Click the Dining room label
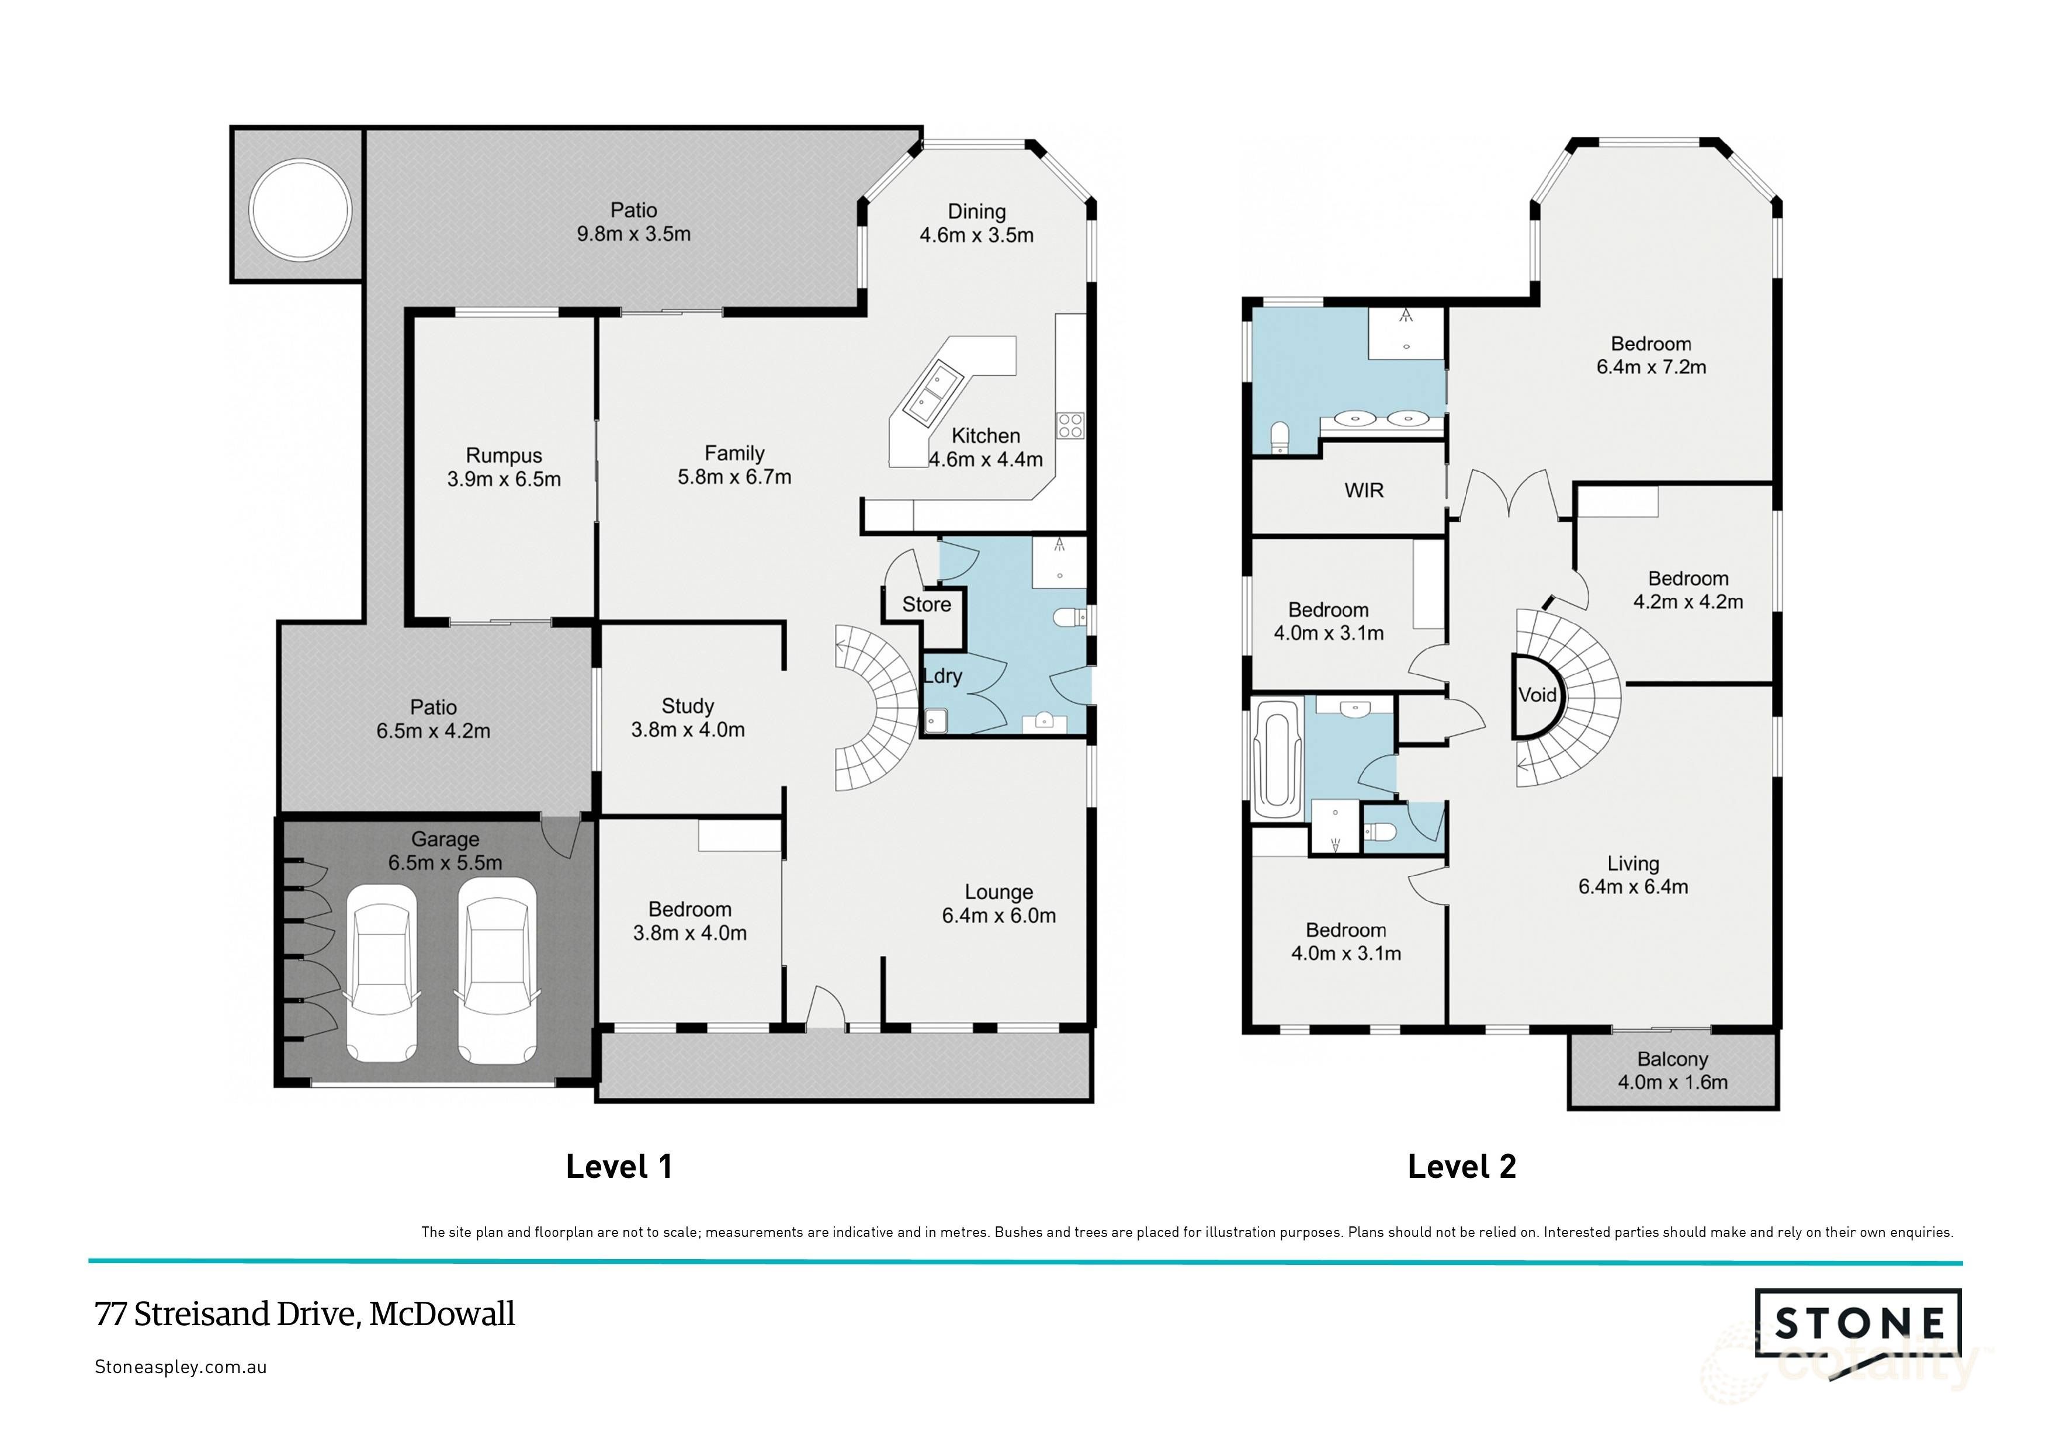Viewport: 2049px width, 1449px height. coord(976,223)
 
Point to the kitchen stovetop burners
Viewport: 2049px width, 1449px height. coord(1070,425)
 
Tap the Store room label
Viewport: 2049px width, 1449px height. coord(926,605)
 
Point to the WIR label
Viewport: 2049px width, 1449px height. coord(1364,490)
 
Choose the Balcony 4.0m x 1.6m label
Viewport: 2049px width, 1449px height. coord(1672,1071)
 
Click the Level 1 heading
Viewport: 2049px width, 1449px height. coord(619,1166)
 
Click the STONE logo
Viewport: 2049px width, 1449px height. coord(1858,1323)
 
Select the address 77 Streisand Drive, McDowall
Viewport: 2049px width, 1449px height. coord(304,1314)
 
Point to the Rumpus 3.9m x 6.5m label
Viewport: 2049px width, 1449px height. coord(503,467)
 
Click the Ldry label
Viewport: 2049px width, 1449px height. coord(942,677)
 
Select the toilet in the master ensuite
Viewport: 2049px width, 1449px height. coord(1280,437)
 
